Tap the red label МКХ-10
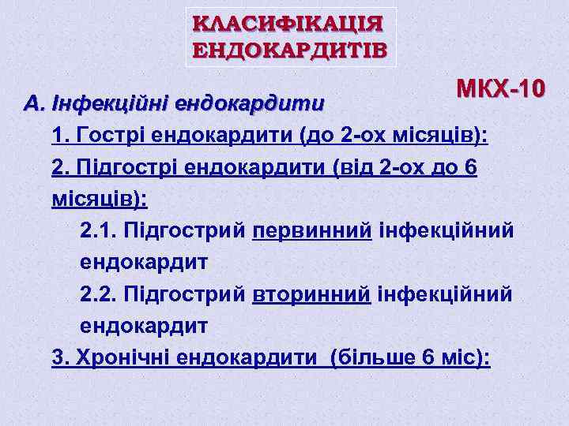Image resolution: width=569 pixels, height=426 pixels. pyautogui.click(x=500, y=89)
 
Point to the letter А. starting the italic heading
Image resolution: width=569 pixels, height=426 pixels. pyautogui.click(x=34, y=103)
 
